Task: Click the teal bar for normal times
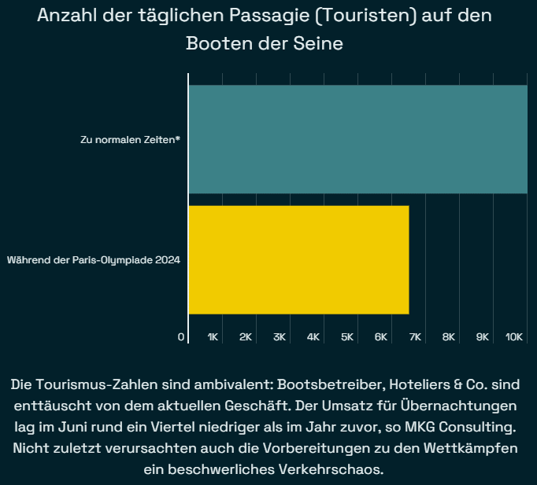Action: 357,139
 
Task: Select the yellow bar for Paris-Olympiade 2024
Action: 298,260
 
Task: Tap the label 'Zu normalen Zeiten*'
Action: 131,140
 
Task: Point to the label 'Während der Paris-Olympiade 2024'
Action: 94,260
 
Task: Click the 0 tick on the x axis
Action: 182,337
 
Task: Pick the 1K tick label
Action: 213,337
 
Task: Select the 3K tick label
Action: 280,337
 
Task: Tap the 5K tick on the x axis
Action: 347,337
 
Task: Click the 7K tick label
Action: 416,337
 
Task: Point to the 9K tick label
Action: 483,337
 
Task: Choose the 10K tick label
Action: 514,337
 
